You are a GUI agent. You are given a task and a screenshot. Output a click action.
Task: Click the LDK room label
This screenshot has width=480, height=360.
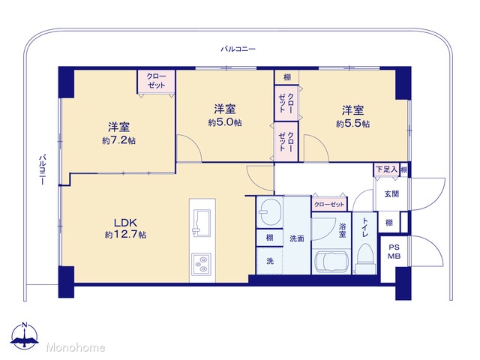click(x=125, y=223)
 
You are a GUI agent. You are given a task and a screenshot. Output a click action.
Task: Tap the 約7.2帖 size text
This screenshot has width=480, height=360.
click(x=118, y=140)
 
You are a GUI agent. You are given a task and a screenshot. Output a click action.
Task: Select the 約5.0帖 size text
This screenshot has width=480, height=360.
click(x=225, y=122)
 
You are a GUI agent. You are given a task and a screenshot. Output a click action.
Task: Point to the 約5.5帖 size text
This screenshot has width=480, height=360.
click(x=353, y=124)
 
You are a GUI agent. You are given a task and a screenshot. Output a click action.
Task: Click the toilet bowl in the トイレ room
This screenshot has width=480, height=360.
click(x=365, y=256)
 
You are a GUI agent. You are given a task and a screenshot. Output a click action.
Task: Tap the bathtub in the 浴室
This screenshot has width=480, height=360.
click(x=331, y=262)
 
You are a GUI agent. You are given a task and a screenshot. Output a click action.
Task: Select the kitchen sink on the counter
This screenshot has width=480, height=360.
click(x=201, y=223)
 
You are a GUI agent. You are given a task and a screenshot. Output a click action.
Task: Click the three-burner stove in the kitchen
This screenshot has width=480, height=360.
click(x=202, y=264)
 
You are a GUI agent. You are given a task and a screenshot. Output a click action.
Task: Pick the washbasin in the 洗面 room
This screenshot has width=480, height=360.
click(x=270, y=212)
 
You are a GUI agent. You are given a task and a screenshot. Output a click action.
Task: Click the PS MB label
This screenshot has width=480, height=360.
click(x=394, y=252)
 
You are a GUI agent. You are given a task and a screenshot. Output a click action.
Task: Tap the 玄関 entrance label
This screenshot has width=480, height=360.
click(x=391, y=193)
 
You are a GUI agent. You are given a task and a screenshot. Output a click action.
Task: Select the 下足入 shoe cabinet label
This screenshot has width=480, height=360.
click(x=386, y=169)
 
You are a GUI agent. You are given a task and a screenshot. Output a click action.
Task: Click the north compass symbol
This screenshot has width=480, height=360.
click(x=24, y=335)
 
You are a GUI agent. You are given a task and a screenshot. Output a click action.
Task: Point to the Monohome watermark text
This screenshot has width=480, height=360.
click(x=76, y=347)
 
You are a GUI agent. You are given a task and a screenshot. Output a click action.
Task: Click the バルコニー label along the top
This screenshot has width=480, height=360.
click(x=238, y=49)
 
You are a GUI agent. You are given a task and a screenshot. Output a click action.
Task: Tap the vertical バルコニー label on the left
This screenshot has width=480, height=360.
click(x=43, y=169)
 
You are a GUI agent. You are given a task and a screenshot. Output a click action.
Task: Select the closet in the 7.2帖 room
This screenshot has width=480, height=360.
click(x=156, y=82)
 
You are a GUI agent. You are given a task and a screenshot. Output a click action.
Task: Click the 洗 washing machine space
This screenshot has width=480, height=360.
click(x=270, y=261)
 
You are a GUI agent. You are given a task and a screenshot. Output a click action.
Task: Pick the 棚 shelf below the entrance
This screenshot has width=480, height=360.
click(x=389, y=222)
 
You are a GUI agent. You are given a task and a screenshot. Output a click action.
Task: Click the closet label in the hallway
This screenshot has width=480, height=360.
click(x=329, y=204)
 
